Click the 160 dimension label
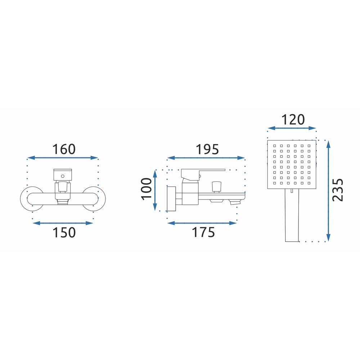pos(64,149)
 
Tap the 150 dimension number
pos(64,232)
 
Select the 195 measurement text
pos(207,149)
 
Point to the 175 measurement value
pos(203,232)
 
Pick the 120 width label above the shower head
pos(293,120)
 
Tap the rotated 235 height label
pos(338,190)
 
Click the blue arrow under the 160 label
pos(63,158)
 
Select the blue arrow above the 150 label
pos(63,223)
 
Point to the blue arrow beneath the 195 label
pos(206,158)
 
